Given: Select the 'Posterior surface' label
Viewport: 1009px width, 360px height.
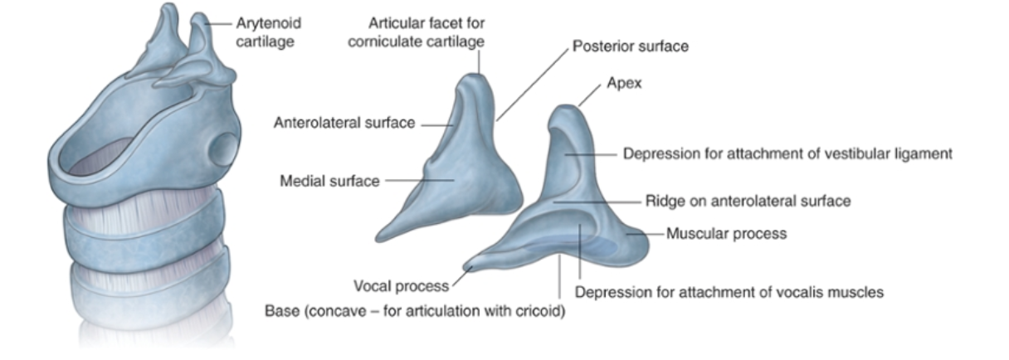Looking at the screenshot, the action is [x=631, y=46].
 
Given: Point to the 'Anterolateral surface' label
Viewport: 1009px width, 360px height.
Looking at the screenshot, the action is [x=344, y=124].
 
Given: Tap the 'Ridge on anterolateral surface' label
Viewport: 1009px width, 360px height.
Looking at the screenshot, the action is [x=748, y=201].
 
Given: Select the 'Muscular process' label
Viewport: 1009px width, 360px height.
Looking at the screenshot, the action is [x=727, y=234].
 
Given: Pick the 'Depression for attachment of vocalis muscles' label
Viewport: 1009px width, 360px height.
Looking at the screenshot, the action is [x=729, y=292].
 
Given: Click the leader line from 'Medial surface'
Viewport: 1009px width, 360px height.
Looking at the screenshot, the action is [x=419, y=180].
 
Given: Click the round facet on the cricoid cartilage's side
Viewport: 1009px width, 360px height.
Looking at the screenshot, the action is [x=222, y=150].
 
